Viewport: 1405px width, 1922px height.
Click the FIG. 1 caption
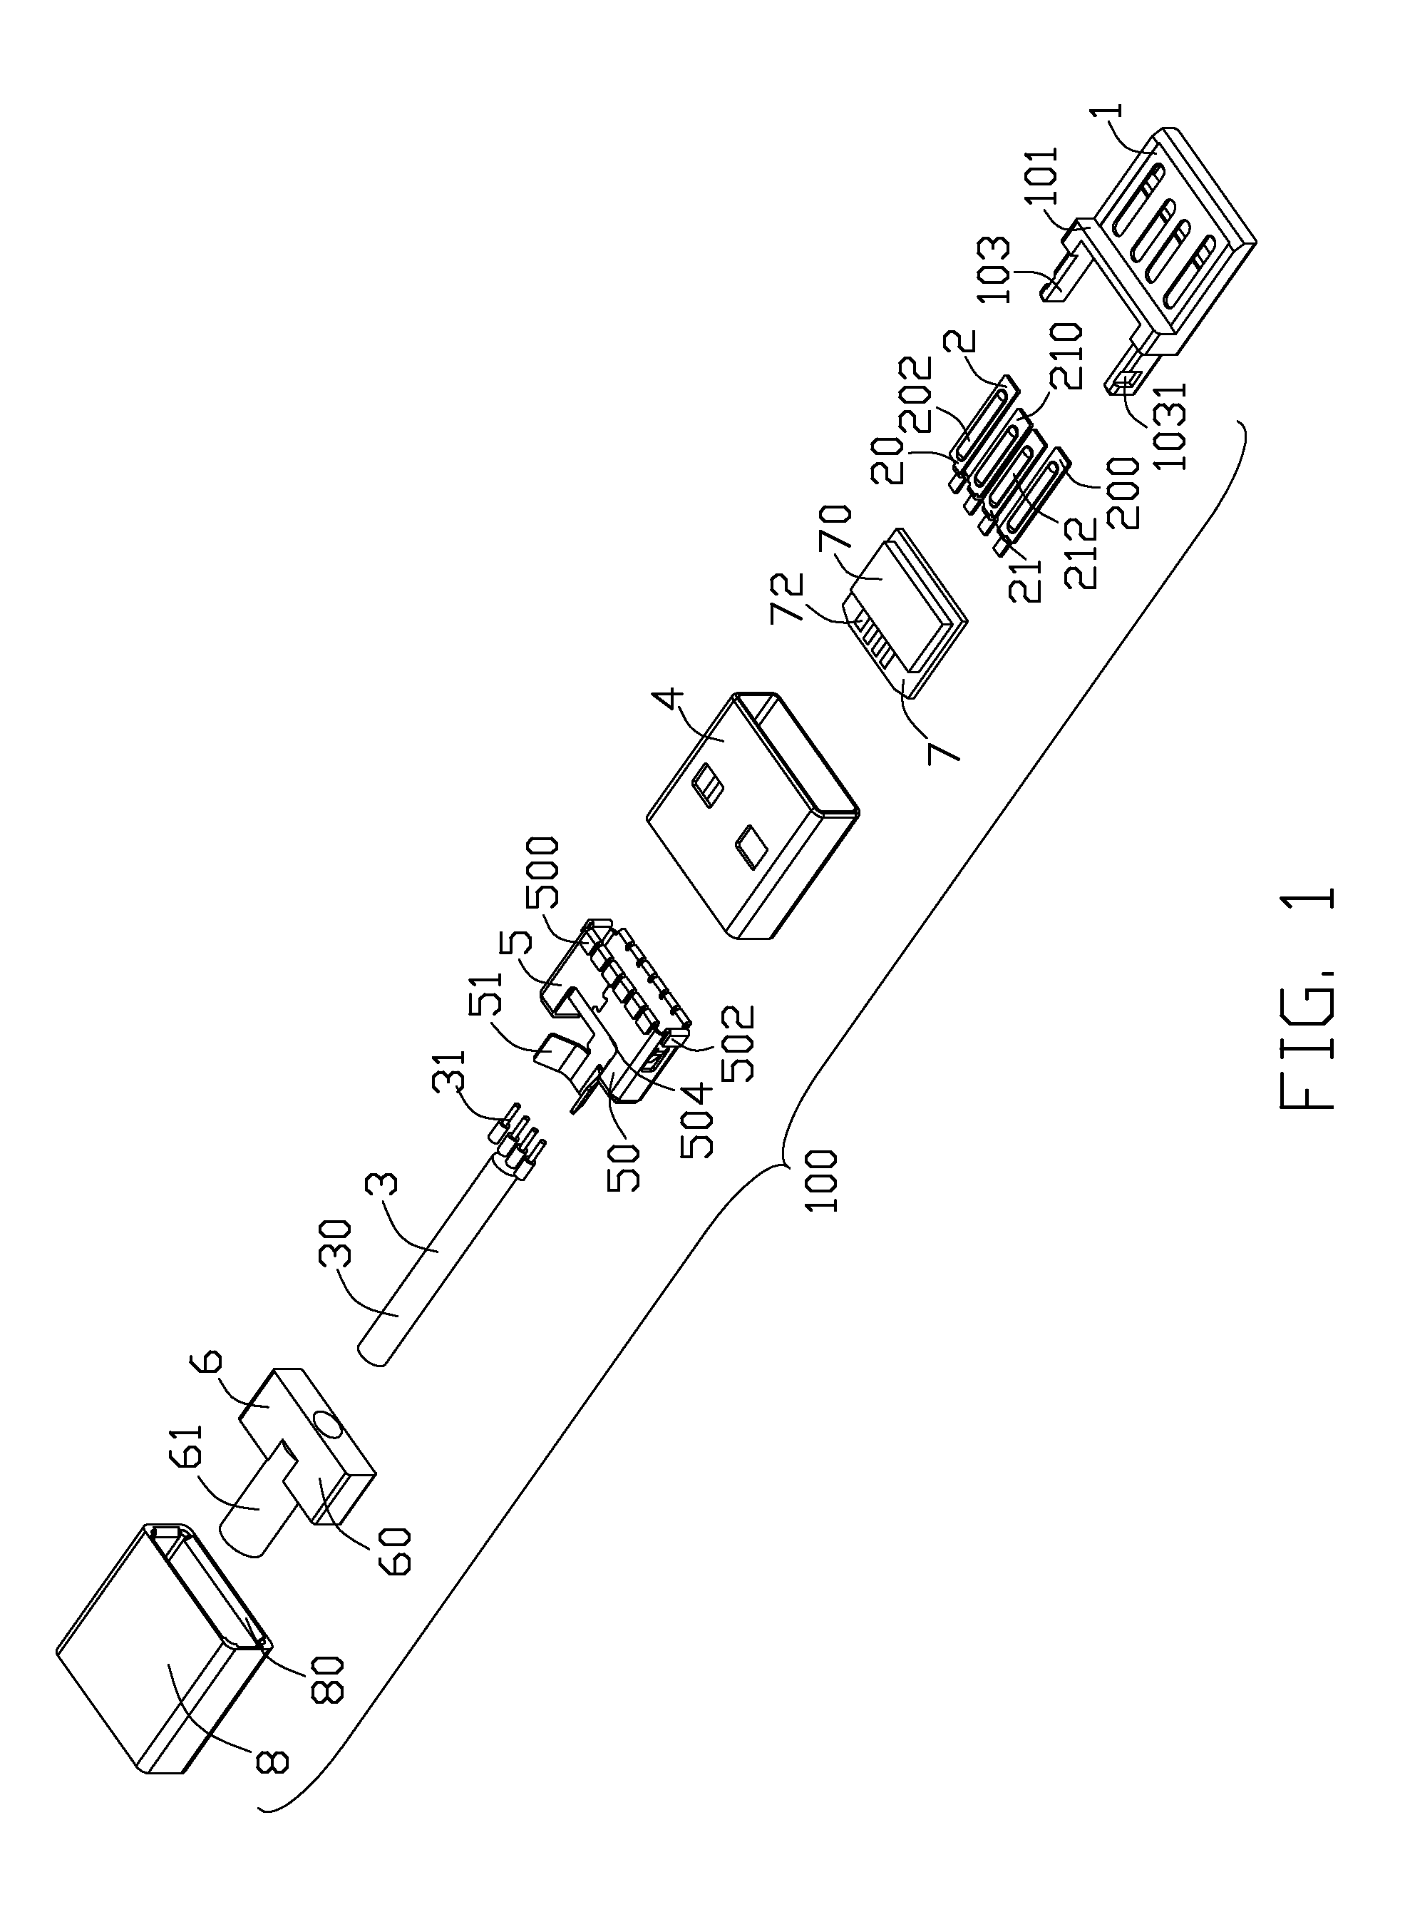(1305, 1001)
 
